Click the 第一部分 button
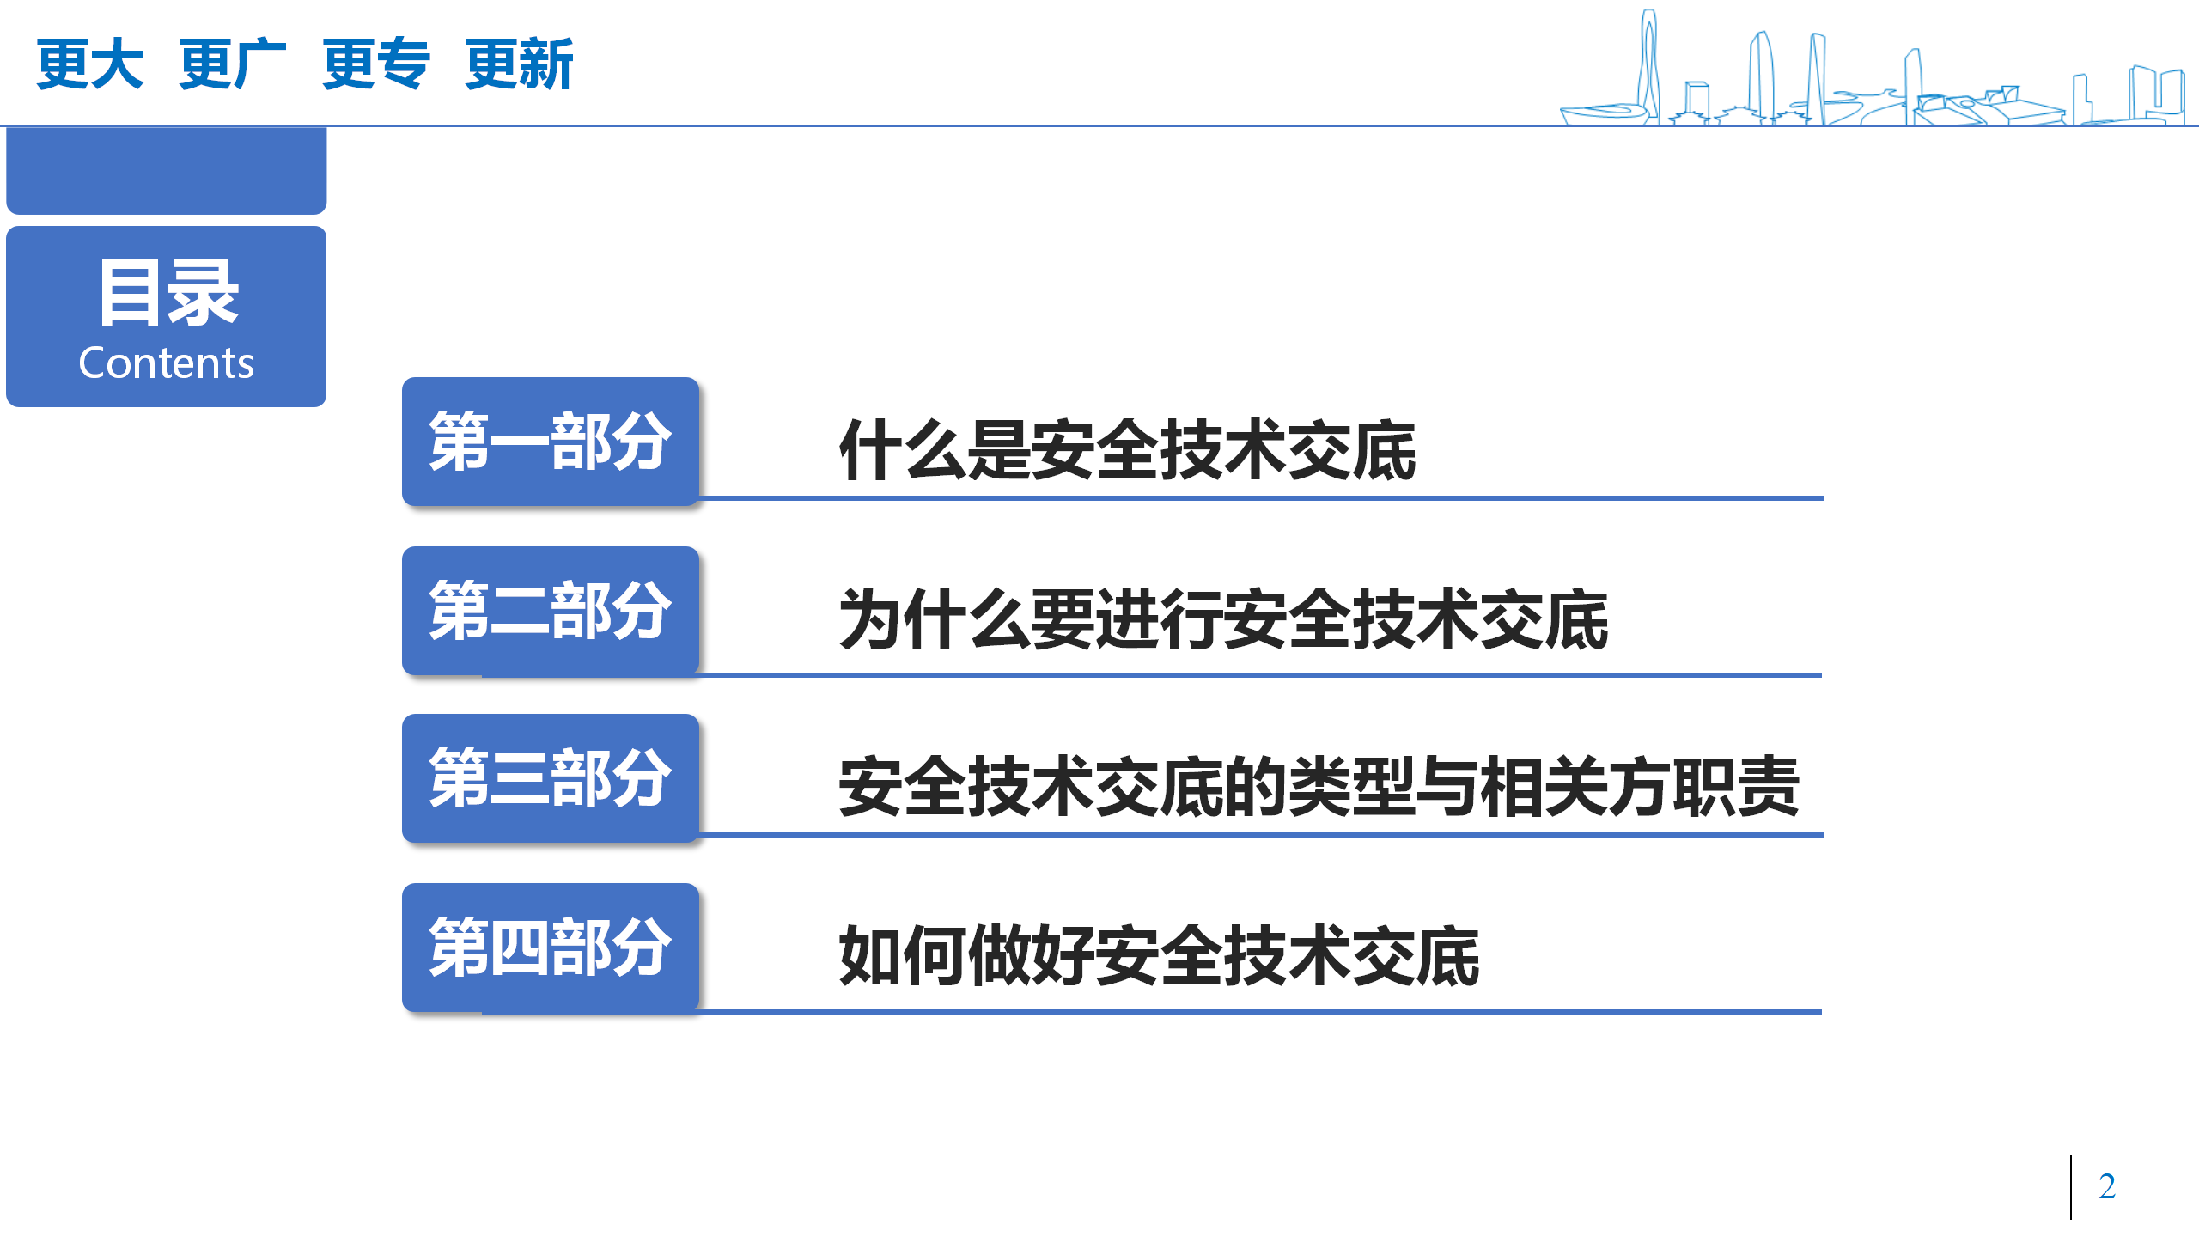click(x=551, y=441)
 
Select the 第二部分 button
click(x=551, y=610)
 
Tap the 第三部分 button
click(x=551, y=777)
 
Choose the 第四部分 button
click(x=551, y=947)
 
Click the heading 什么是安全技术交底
click(x=1127, y=450)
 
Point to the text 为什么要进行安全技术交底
click(x=1223, y=618)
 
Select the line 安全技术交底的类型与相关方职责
click(x=1319, y=786)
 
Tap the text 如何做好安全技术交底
click(x=1159, y=955)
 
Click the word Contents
click(x=166, y=363)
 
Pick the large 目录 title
click(x=168, y=292)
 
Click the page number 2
click(x=2107, y=1186)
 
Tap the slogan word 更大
click(x=89, y=64)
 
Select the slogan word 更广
click(x=232, y=64)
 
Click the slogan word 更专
click(x=375, y=64)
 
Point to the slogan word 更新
click(x=519, y=64)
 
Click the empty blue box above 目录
click(x=166, y=170)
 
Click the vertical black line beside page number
click(x=2071, y=1187)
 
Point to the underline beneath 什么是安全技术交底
click(x=1261, y=497)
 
